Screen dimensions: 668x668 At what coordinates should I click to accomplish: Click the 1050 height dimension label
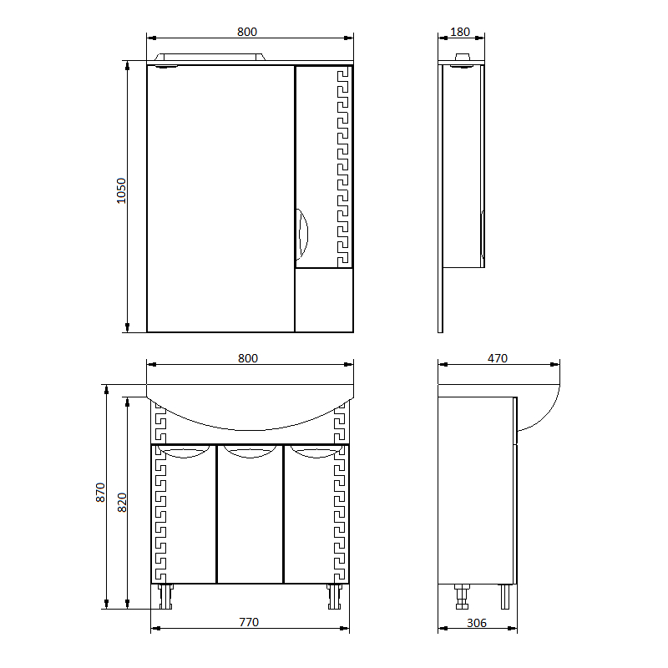tap(121, 190)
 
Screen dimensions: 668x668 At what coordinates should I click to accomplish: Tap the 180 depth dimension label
tap(460, 32)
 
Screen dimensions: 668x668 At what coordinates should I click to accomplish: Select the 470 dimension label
tap(498, 358)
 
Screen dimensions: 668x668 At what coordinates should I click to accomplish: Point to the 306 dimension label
tap(477, 623)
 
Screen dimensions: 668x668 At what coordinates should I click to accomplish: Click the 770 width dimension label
tap(249, 622)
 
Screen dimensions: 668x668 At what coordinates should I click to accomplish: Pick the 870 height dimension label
tap(100, 493)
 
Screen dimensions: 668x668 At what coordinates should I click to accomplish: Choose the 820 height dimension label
tap(122, 503)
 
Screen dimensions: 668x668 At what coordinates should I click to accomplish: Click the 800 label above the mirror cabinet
tap(247, 32)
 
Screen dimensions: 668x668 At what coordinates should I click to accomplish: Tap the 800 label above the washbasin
tap(248, 358)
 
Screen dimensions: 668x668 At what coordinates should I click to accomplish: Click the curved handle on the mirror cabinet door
tap(302, 235)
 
